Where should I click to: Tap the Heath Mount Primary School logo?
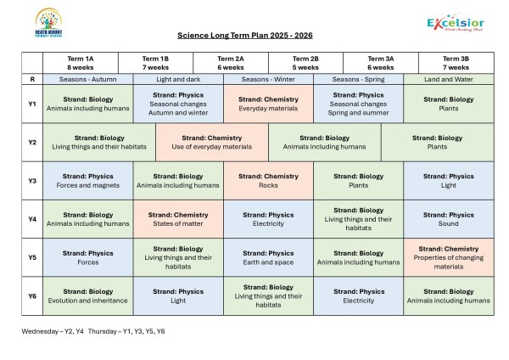point(46,21)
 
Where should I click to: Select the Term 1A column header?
point(80,63)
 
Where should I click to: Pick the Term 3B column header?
point(456,63)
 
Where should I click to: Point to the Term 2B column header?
point(305,63)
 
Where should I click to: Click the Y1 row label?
point(31,104)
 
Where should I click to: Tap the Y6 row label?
point(31,295)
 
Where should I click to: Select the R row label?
point(31,79)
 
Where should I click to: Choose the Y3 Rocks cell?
point(267,181)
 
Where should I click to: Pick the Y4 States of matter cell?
point(177,219)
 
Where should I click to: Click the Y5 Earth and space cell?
point(267,257)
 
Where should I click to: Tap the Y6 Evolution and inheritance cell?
point(87,295)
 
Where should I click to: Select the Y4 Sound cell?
point(448,219)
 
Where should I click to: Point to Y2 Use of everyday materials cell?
point(211,143)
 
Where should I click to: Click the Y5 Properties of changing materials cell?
point(448,257)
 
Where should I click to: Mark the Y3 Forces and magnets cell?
point(87,181)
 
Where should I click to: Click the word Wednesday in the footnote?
point(40,331)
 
